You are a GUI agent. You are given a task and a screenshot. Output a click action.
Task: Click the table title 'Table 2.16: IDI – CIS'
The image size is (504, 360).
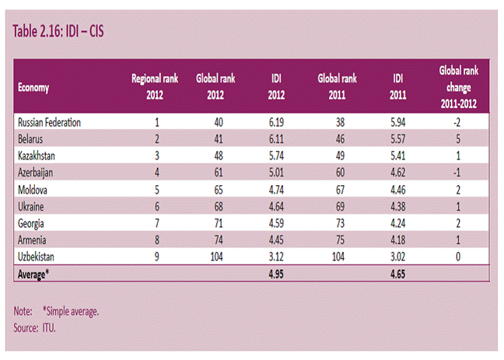pyautogui.click(x=58, y=32)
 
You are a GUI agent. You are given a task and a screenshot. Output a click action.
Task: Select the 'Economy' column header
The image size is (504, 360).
pyautogui.click(x=33, y=87)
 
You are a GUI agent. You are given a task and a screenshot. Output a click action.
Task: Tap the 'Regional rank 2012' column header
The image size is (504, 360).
pyautogui.click(x=155, y=87)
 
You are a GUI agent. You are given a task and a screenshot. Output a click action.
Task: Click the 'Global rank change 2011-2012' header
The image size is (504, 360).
pyautogui.click(x=459, y=87)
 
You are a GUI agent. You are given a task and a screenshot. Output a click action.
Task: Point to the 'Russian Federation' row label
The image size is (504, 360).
pyautogui.click(x=49, y=123)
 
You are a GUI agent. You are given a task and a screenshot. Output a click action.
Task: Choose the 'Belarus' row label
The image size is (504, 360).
pyautogui.click(x=30, y=139)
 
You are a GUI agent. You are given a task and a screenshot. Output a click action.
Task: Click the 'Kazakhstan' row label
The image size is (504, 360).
pyautogui.click(x=37, y=156)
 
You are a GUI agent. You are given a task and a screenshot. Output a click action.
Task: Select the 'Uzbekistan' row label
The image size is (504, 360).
pyautogui.click(x=36, y=257)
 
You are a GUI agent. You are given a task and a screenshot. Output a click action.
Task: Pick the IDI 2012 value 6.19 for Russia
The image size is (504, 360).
pyautogui.click(x=276, y=123)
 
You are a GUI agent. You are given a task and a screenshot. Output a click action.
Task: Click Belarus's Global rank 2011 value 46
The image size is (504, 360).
pyautogui.click(x=340, y=139)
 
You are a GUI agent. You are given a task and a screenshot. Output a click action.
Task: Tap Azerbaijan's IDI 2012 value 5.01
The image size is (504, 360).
pyautogui.click(x=276, y=173)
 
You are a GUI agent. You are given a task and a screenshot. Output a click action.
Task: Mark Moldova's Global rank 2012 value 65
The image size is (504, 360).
pyautogui.click(x=219, y=190)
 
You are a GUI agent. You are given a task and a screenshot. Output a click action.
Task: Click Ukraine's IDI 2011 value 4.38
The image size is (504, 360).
pyautogui.click(x=398, y=206)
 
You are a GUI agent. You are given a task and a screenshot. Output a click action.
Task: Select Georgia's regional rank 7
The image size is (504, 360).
pyautogui.click(x=157, y=223)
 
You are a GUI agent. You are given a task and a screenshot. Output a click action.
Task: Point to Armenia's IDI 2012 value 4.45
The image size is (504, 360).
pyautogui.click(x=276, y=239)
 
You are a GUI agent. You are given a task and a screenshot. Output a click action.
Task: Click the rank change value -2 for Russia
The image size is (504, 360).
pyautogui.click(x=457, y=123)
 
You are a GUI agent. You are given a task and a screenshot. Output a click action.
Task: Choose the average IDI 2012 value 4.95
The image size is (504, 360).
pyautogui.click(x=276, y=274)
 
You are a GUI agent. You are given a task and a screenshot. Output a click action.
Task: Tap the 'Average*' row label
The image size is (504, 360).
pyautogui.click(x=33, y=274)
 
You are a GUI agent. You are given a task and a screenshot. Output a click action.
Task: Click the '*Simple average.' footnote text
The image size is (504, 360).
pyautogui.click(x=71, y=311)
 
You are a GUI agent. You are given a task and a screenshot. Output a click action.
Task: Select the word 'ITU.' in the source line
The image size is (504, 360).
pyautogui.click(x=49, y=328)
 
